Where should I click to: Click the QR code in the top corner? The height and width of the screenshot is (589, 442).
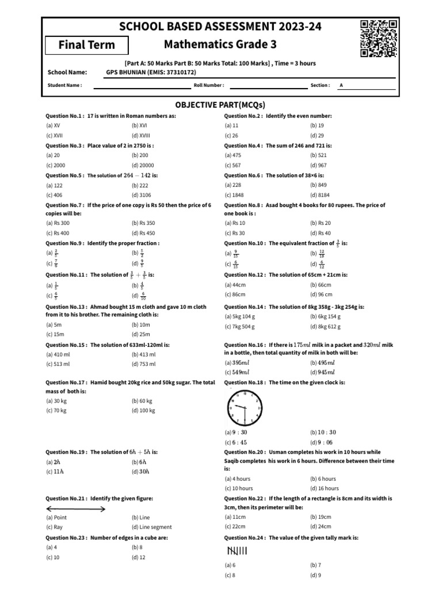(379, 39)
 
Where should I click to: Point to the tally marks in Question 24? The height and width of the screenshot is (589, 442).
(237, 552)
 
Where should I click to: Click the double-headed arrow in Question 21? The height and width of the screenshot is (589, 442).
(75, 509)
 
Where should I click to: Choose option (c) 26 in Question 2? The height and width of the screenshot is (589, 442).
(231, 135)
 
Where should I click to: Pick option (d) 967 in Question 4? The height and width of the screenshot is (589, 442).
(318, 165)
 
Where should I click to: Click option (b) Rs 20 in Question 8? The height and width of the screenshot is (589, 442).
(321, 223)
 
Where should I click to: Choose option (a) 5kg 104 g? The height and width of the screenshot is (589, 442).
(240, 316)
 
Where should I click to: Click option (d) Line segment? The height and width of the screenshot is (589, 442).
(151, 527)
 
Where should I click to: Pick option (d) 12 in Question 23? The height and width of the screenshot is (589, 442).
(138, 557)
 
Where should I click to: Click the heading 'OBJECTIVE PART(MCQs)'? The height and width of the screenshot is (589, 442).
(220, 105)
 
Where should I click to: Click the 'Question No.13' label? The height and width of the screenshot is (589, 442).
(64, 307)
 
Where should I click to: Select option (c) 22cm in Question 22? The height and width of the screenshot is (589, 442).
(235, 527)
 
